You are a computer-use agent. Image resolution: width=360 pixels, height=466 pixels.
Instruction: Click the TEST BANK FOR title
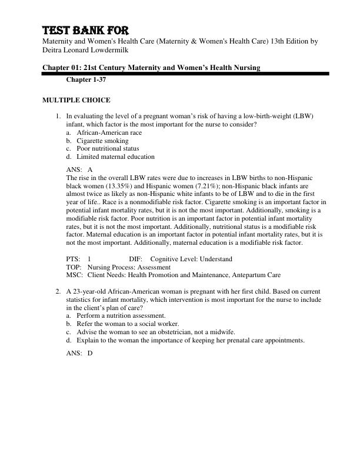tap(85, 31)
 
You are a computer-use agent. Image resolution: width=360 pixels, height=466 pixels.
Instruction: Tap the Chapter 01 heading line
tap(151, 68)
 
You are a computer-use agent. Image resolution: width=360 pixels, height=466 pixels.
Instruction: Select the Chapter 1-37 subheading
tap(86, 79)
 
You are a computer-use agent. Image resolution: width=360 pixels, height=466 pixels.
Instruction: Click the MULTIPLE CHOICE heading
tap(76, 100)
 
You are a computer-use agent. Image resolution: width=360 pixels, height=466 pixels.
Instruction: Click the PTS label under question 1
tap(73, 259)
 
